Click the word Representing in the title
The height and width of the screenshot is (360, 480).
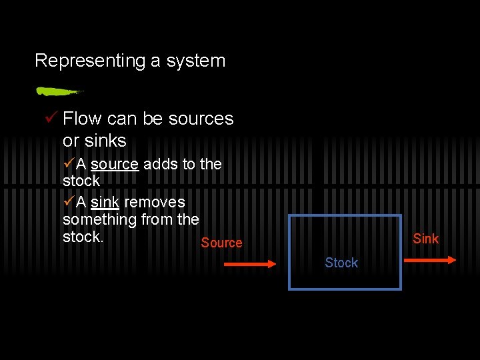(90, 61)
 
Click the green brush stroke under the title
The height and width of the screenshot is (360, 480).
(59, 91)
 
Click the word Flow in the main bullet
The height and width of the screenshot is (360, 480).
(82, 119)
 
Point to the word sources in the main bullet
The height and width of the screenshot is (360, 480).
(201, 119)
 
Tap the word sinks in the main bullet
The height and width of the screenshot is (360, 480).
(104, 141)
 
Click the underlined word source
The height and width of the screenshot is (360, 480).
(114, 164)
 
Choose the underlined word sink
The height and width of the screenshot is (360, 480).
(105, 201)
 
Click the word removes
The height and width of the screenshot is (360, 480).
(155, 201)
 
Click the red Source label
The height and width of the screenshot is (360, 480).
(221, 243)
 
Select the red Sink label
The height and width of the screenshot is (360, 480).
(425, 239)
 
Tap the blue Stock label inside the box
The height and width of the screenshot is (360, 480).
(341, 263)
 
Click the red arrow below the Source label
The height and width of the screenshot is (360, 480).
(249, 265)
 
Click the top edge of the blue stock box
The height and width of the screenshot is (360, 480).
(345, 215)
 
